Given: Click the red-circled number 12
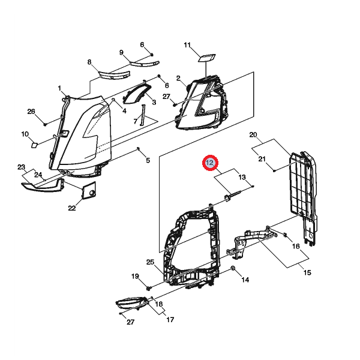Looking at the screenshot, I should tap(211, 163).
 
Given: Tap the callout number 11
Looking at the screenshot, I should tap(187, 46).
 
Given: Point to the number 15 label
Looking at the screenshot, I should tap(307, 272).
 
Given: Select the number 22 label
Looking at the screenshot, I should tap(71, 208).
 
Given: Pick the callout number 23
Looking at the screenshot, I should tap(21, 167).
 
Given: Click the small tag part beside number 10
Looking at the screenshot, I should tap(35, 144).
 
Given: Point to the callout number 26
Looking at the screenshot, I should tap(31, 112).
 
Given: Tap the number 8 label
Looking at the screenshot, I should tap(89, 62).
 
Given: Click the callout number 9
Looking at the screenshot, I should tap(121, 52).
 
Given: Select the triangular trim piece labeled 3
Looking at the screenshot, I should tap(139, 94).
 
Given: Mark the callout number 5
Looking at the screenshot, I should tap(148, 160).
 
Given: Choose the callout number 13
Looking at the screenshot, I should tap(242, 177).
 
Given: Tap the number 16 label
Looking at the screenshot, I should tap(296, 246).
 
